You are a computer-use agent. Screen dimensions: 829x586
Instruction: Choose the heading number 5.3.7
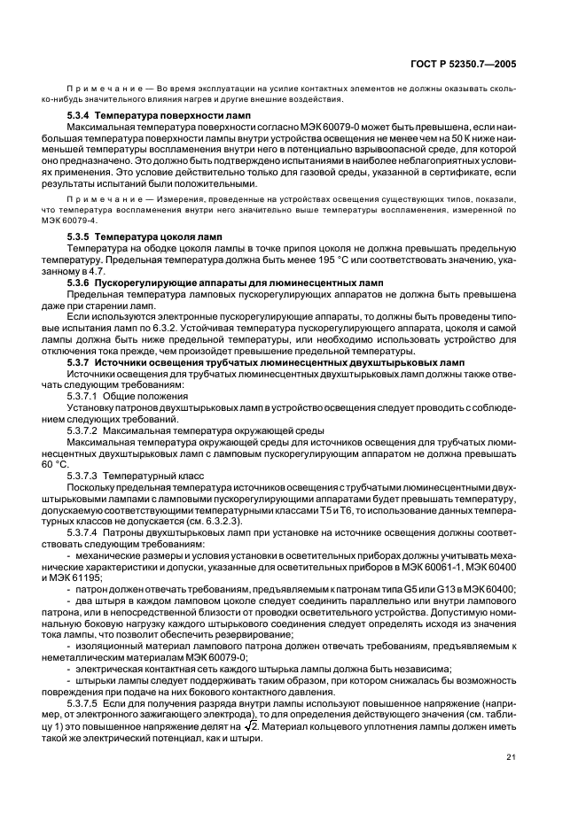[x=79, y=362]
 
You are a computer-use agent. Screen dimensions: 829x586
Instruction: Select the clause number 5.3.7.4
[x=86, y=533]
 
